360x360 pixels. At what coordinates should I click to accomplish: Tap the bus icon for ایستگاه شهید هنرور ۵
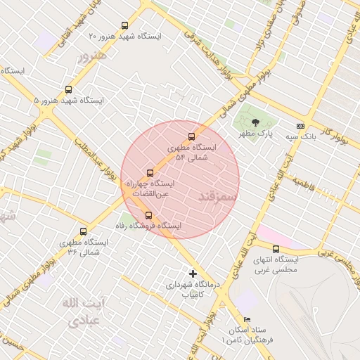(68, 89)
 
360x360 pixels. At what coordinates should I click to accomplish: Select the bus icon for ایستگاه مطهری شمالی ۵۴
(191, 137)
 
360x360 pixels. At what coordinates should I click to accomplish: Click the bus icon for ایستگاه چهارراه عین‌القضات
(150, 173)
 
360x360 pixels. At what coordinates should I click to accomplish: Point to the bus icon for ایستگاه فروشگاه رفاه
(148, 215)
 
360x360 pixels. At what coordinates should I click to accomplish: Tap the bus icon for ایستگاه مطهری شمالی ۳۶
(84, 231)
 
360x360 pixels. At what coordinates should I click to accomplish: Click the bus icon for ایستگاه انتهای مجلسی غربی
(276, 249)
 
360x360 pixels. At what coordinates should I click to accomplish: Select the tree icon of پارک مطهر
(255, 121)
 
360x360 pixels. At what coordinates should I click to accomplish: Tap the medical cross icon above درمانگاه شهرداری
(193, 274)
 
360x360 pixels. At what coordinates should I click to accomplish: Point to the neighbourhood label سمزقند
(219, 194)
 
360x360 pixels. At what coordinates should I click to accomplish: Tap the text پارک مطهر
(254, 133)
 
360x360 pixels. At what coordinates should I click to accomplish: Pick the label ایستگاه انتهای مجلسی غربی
(276, 264)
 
